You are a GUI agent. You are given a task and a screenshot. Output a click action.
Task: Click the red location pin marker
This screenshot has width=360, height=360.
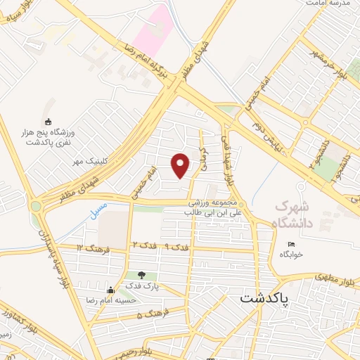pos(181,166)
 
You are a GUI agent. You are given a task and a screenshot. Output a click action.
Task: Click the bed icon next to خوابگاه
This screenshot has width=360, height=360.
pos(292,244)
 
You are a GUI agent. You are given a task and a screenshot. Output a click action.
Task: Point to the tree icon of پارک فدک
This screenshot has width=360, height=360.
pos(141,275)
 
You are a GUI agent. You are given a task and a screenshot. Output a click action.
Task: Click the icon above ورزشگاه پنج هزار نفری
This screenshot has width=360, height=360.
pos(48,122)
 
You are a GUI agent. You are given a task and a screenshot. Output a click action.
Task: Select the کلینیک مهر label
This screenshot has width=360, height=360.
pos(89,161)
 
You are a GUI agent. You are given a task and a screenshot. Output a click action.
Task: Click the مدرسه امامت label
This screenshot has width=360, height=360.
pos(328,4)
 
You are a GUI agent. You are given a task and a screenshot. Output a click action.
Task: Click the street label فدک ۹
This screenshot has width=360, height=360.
pos(179,247)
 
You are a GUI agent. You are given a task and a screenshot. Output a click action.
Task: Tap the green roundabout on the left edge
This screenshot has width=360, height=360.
pos(35,207)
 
